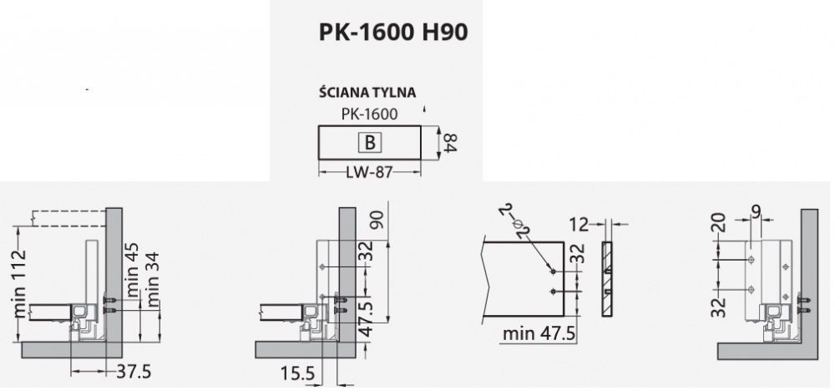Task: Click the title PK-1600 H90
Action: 393,33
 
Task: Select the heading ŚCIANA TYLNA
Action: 367,92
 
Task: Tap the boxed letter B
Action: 370,143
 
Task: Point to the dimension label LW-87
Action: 369,173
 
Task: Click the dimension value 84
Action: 450,143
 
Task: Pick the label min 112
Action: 20,283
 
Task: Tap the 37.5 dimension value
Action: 134,372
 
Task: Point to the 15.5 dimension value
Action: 296,373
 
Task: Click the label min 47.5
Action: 539,333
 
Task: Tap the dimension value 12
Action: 579,224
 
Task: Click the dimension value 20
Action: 719,223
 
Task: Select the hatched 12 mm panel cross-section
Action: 607,279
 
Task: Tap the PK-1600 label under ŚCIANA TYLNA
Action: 369,114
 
